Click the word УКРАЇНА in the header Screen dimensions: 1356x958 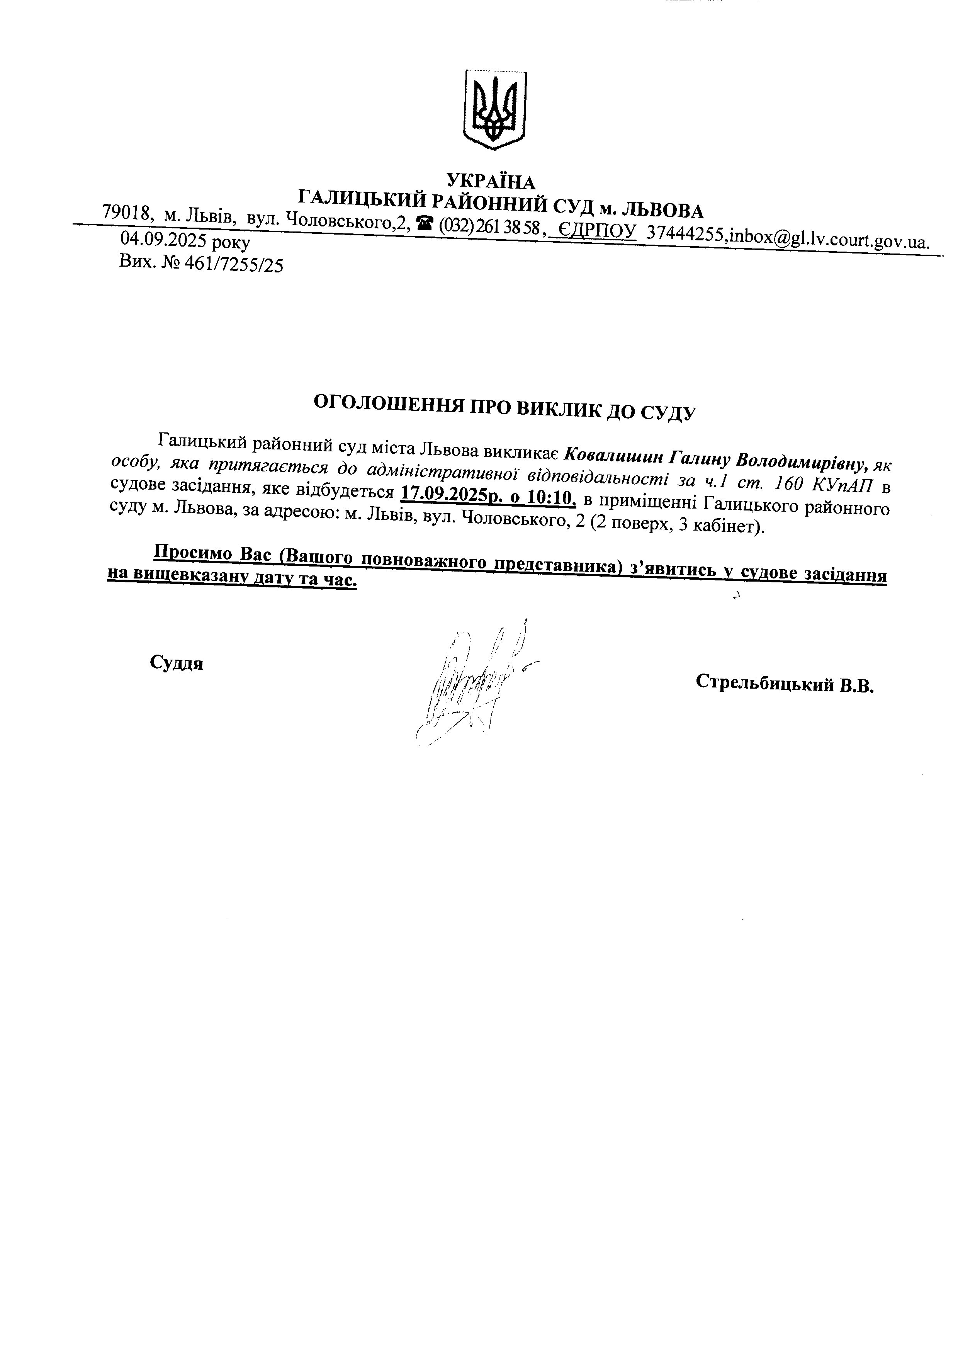(491, 180)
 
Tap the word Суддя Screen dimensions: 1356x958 (177, 663)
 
